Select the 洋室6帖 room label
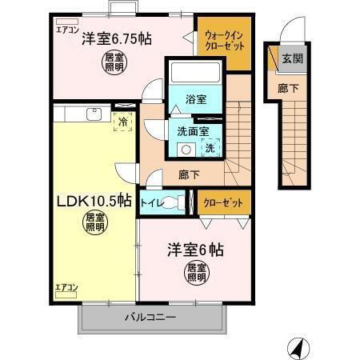click(194, 250)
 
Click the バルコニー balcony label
click(150, 318)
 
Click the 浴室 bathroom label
click(195, 99)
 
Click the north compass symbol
click(295, 348)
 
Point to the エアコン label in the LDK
click(66, 286)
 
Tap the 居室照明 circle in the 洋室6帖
click(196, 272)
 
